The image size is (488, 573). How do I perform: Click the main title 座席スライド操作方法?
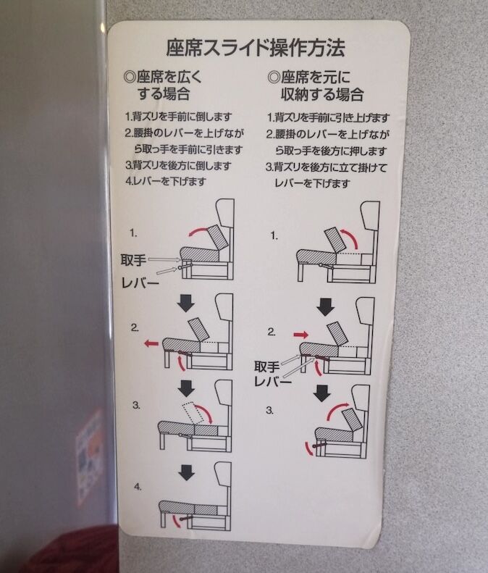[256, 48]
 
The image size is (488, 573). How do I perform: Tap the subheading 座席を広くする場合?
[163, 85]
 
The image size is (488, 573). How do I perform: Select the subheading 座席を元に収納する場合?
[316, 85]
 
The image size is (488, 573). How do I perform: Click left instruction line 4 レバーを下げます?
[166, 181]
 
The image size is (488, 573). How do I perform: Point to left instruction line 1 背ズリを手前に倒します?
[179, 117]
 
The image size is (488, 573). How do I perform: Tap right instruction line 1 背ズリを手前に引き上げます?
[329, 117]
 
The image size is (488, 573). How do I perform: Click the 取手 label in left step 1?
[133, 261]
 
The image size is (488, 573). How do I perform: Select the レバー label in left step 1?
[140, 283]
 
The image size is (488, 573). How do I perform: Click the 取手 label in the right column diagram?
[267, 367]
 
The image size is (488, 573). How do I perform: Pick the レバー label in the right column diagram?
[273, 382]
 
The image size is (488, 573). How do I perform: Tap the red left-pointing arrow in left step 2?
[151, 343]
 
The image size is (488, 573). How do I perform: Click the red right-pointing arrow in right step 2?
[301, 335]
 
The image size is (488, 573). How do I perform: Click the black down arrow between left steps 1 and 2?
[186, 303]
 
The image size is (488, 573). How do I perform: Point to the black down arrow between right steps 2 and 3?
[321, 393]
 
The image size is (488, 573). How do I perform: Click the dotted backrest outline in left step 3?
[193, 414]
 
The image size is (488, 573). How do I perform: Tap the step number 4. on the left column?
[138, 487]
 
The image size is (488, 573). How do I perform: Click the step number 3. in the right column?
[269, 411]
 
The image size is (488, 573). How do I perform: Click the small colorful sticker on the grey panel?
[90, 458]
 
